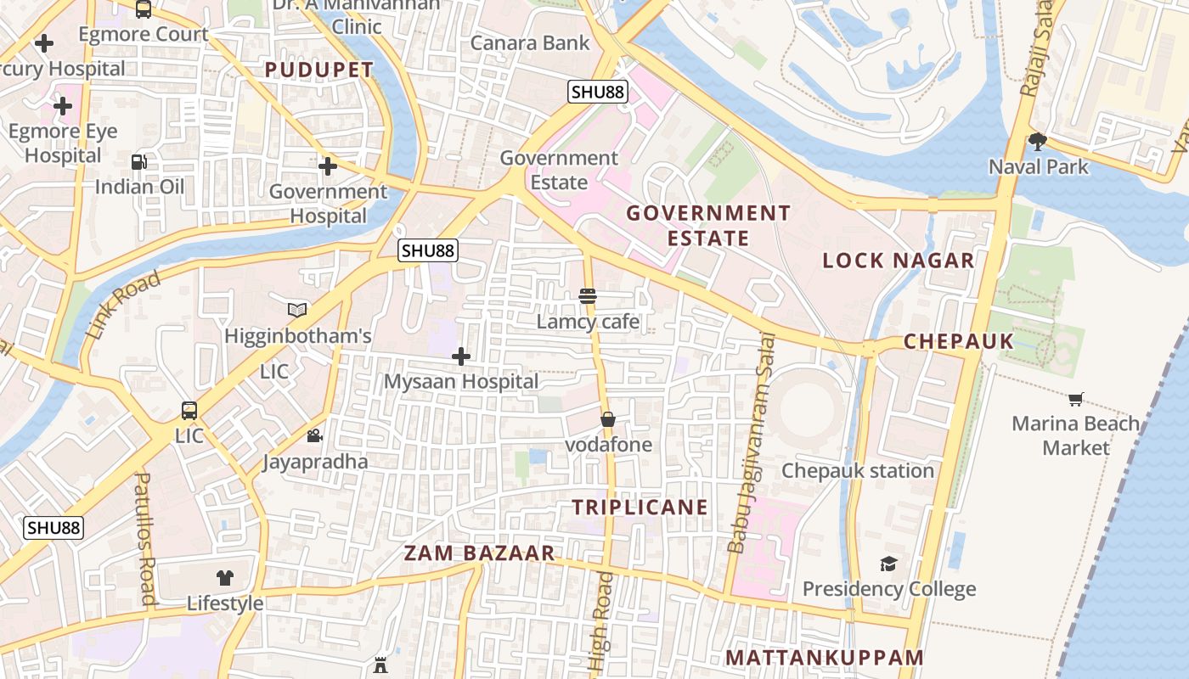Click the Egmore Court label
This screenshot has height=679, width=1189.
[143, 34]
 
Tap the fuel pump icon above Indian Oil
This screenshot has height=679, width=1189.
[138, 161]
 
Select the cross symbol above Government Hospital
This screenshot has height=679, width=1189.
[328, 166]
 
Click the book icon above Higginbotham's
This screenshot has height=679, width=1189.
[297, 311]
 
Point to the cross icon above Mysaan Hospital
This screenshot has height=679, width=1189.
[461, 356]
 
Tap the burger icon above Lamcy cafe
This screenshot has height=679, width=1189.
[588, 296]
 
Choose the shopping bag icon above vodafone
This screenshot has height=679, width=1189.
[608, 419]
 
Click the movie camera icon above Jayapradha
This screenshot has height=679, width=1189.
[314, 436]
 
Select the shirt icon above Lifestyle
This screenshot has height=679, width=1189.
[225, 578]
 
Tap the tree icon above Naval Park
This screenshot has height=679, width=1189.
[1037, 141]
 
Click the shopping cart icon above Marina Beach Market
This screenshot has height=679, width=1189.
[1076, 398]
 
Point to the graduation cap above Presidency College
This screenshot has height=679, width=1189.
[888, 564]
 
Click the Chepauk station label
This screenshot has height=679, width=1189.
[858, 471]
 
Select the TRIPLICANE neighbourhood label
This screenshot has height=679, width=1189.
[640, 508]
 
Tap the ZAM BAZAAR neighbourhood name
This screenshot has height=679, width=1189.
[479, 553]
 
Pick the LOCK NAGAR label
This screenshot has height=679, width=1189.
[899, 261]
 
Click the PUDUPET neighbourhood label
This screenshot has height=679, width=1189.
[318, 70]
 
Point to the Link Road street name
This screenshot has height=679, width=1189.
[123, 306]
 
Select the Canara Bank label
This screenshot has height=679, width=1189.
[530, 42]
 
